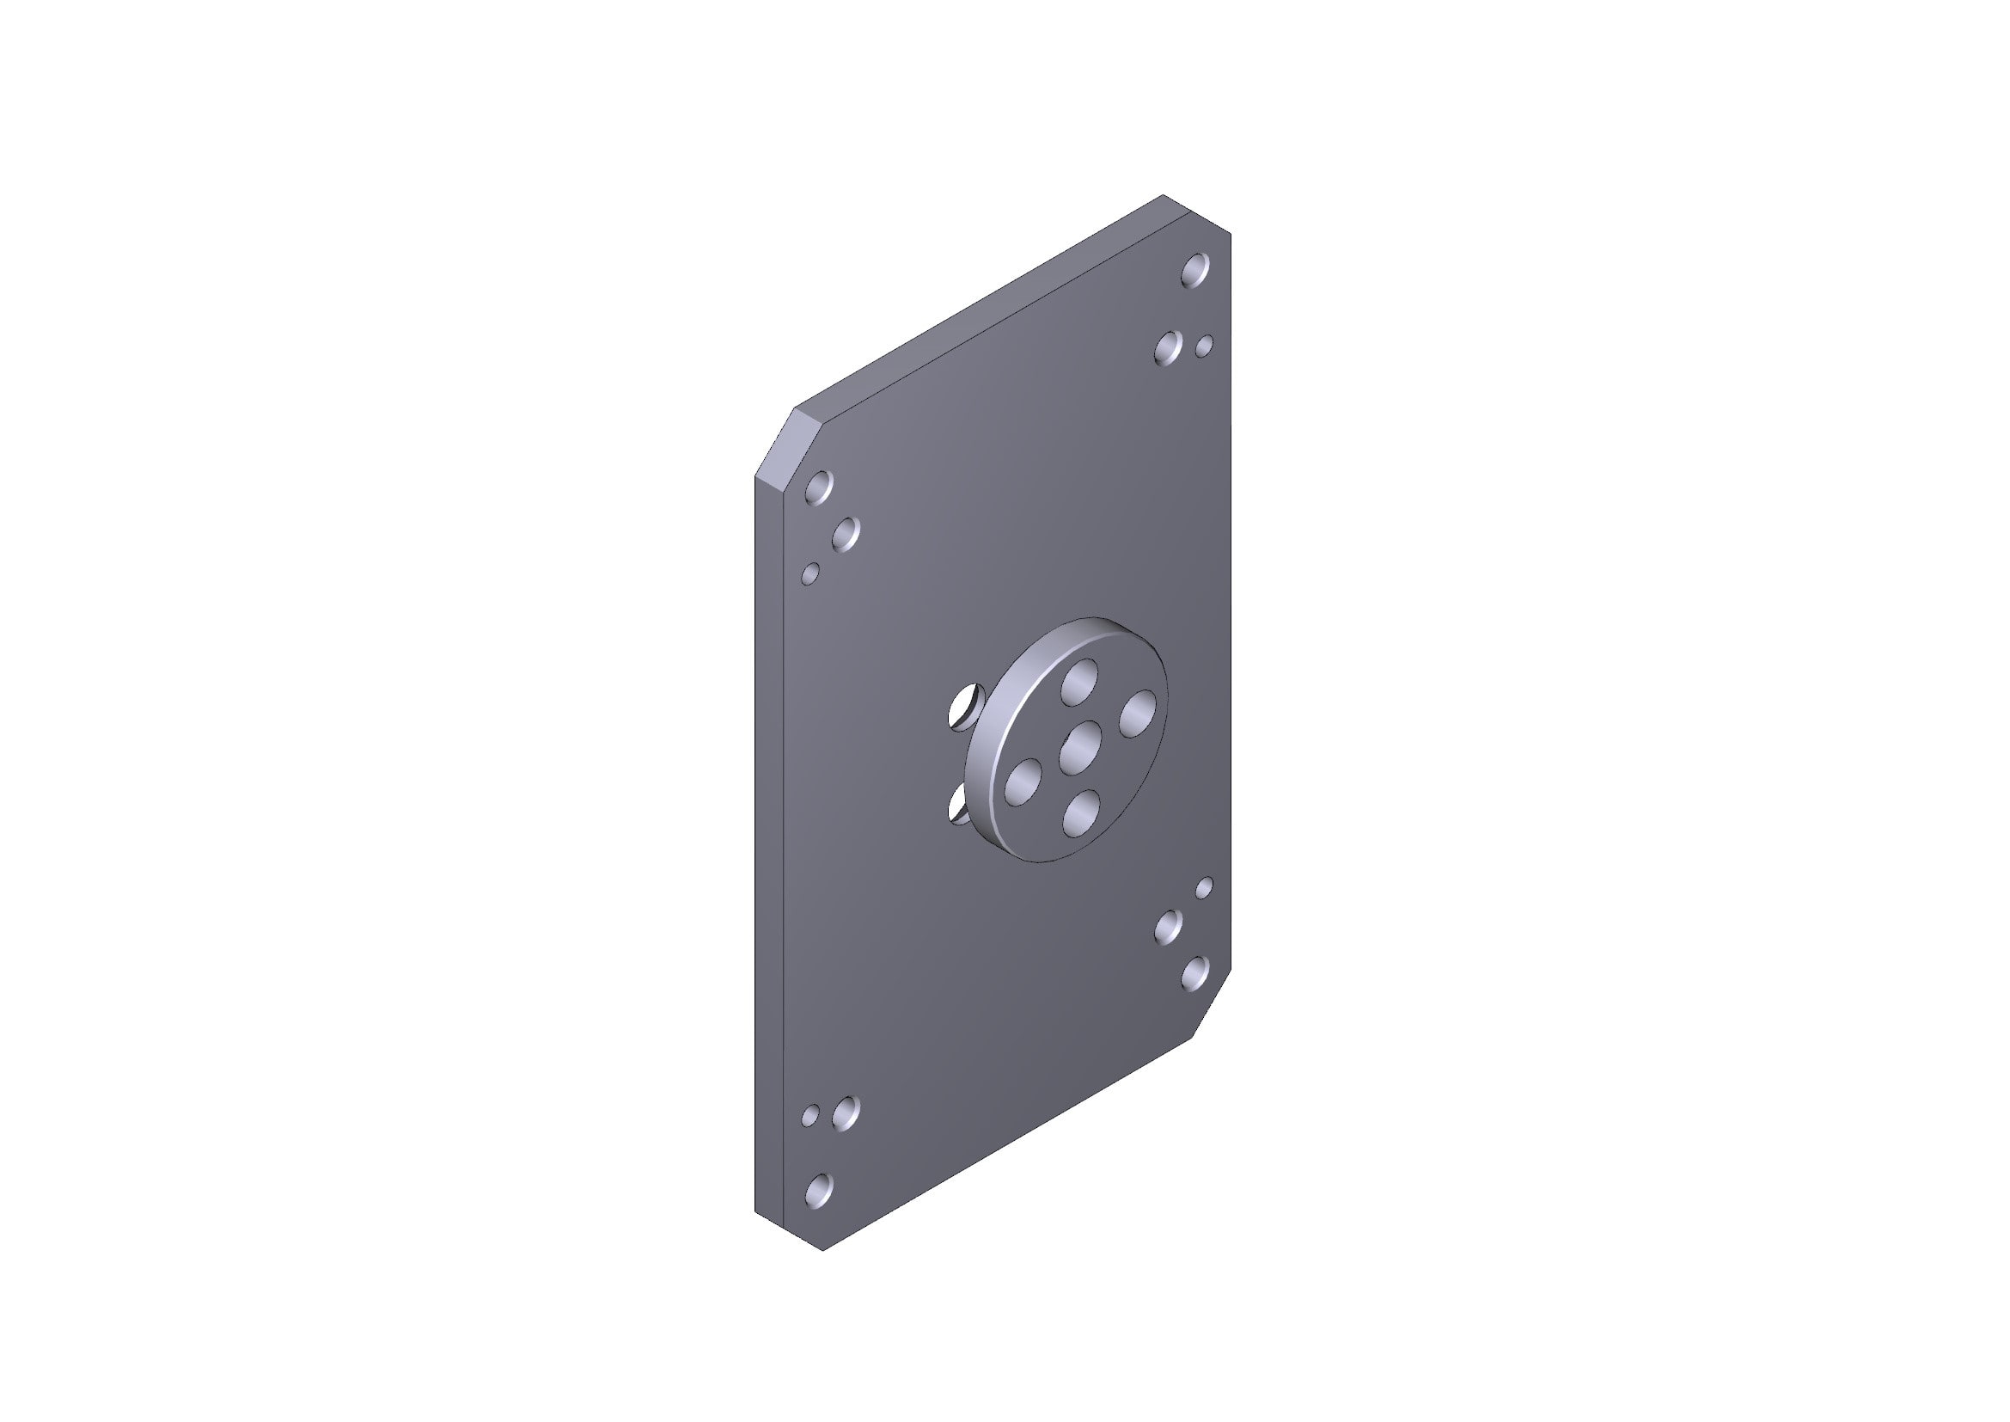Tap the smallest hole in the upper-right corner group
click(1205, 346)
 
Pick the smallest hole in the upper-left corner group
click(199, 574)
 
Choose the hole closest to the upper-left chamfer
click(206, 487)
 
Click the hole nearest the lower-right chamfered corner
click(1195, 973)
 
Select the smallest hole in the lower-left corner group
click(199, 1116)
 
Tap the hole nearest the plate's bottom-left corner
click(206, 1188)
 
